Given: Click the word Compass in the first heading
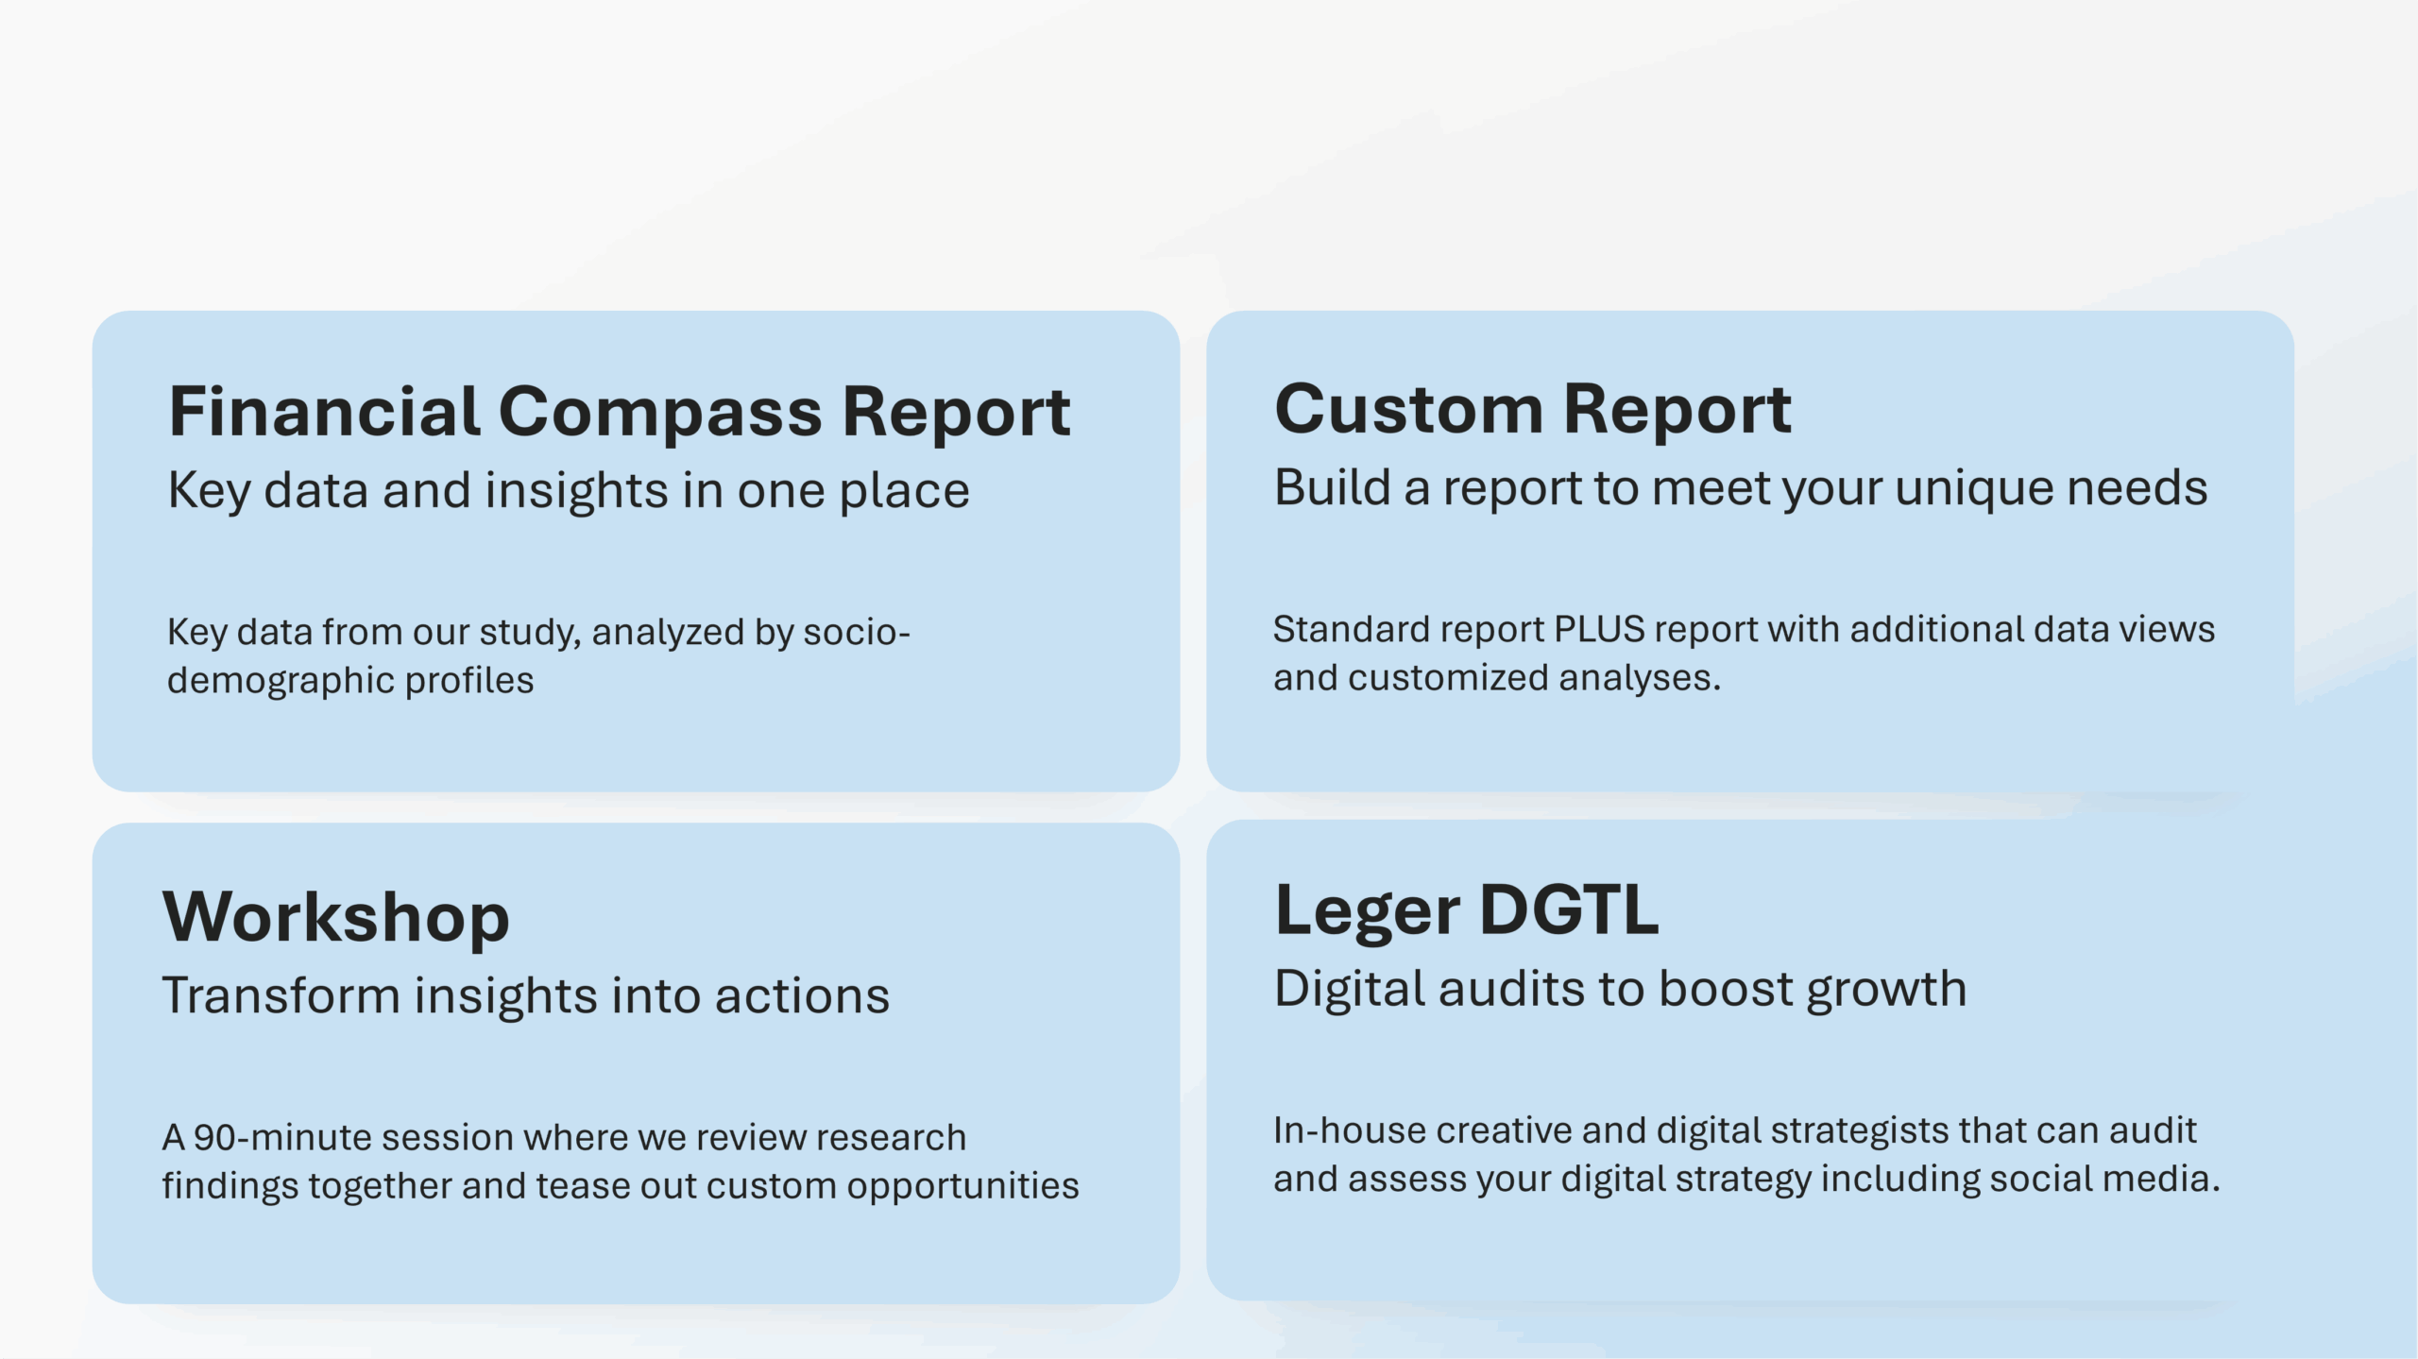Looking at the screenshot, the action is point(660,413).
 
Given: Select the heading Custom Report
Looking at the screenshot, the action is point(1532,410).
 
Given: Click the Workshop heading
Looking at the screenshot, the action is point(336,917).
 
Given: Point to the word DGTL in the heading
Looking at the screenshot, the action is point(1569,909).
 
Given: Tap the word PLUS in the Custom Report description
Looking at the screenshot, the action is point(1600,629).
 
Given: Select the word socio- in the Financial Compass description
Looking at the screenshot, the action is point(857,632).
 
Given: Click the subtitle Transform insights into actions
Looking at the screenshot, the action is point(526,995).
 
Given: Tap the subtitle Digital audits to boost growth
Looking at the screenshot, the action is point(1621,991).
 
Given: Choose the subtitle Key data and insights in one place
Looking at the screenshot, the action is point(569,491).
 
